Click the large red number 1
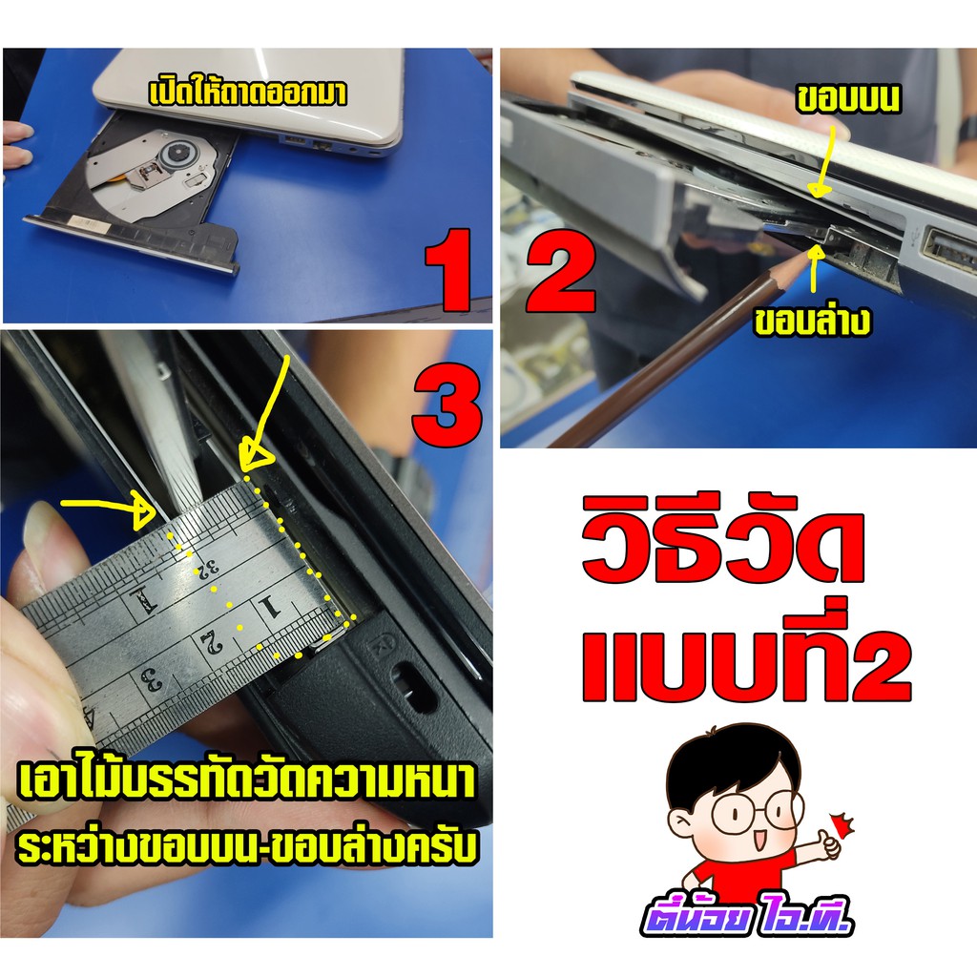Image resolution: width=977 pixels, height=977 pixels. pos(448,270)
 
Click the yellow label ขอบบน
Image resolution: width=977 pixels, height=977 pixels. pos(848,99)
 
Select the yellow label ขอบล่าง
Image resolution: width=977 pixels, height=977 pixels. pos(812,321)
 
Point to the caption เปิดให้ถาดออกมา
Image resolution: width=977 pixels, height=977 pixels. pos(247,93)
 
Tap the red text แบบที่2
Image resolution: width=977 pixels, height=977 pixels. pos(746,656)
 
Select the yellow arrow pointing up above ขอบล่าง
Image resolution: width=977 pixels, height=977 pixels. pos(814,268)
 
